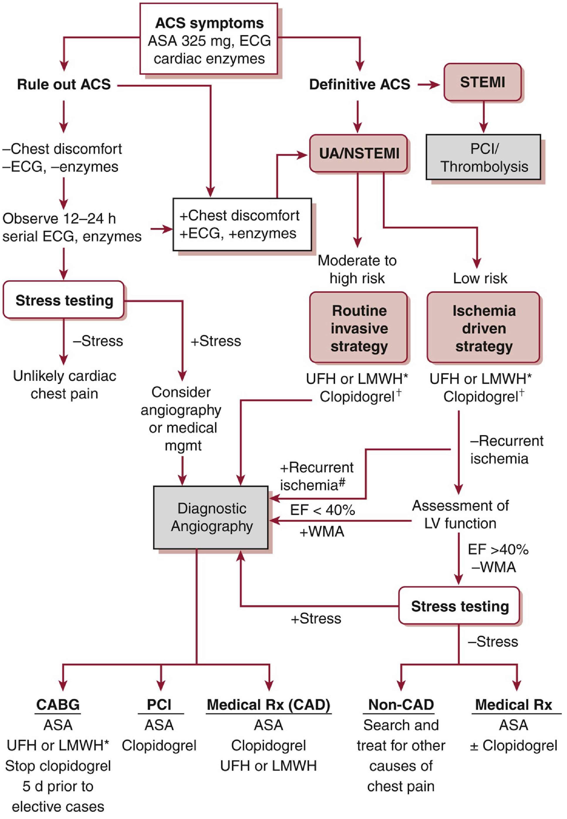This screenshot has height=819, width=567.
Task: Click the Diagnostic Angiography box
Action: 211,517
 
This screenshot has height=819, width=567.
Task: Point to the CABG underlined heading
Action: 58,704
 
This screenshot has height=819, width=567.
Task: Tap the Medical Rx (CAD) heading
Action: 268,704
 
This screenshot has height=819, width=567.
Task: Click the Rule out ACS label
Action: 64,84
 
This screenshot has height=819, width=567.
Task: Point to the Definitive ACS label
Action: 359,84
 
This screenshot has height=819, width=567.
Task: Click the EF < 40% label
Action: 322,510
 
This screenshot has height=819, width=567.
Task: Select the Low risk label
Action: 480,278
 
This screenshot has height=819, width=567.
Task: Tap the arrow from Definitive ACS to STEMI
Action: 429,84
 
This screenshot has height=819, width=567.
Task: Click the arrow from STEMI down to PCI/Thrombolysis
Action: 483,117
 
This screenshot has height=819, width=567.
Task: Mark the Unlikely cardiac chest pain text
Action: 64,385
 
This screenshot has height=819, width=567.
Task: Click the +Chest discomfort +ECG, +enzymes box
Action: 242,224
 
